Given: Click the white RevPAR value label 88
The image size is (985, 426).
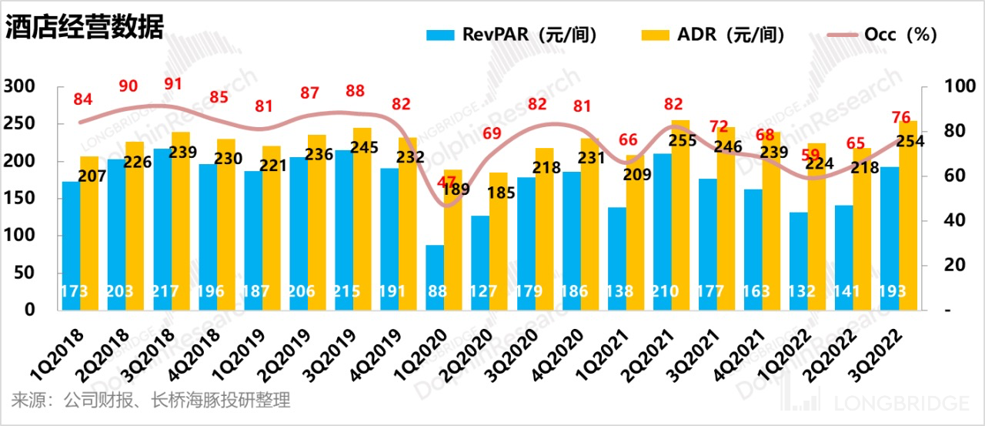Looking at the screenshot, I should pyautogui.click(x=435, y=293).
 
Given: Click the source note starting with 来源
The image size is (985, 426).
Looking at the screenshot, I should pyautogui.click(x=151, y=401).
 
